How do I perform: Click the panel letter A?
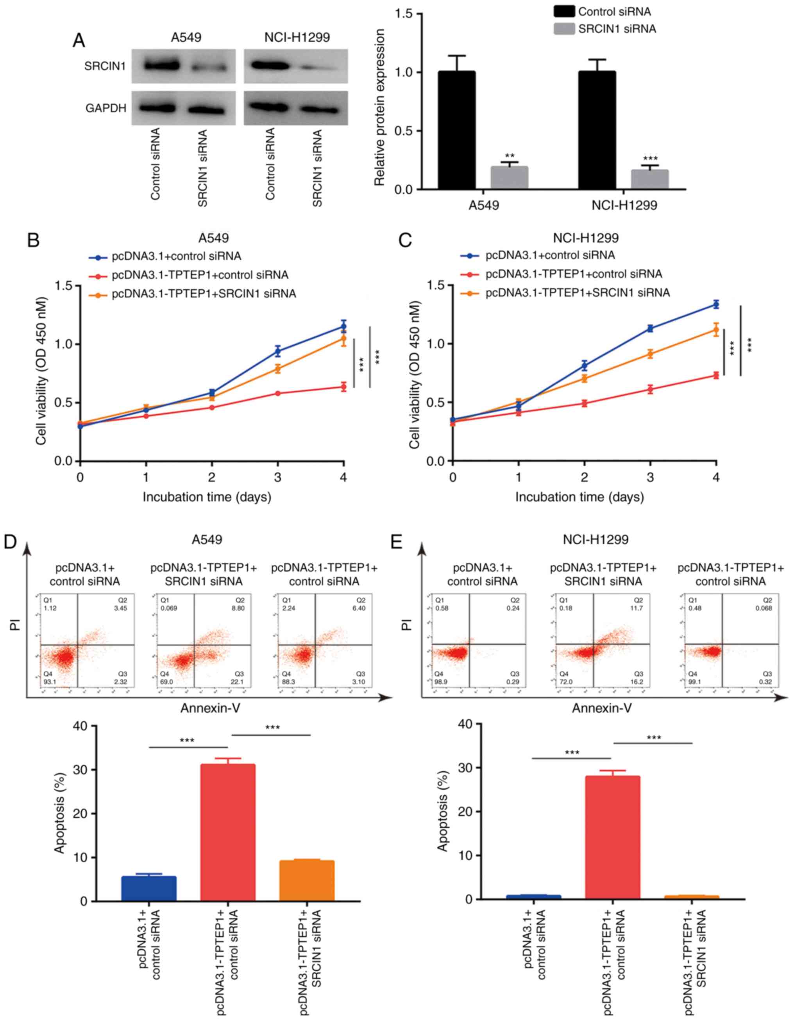point(79,41)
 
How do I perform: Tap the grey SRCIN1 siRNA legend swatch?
point(564,29)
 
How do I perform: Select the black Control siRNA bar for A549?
point(456,130)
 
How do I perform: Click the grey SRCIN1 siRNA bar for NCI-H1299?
point(649,179)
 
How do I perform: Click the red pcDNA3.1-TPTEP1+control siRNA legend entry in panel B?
point(200,275)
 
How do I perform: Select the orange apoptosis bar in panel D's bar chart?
point(307,880)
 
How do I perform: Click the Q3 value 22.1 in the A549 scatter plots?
point(238,682)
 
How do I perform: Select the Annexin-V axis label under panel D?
point(210,708)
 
